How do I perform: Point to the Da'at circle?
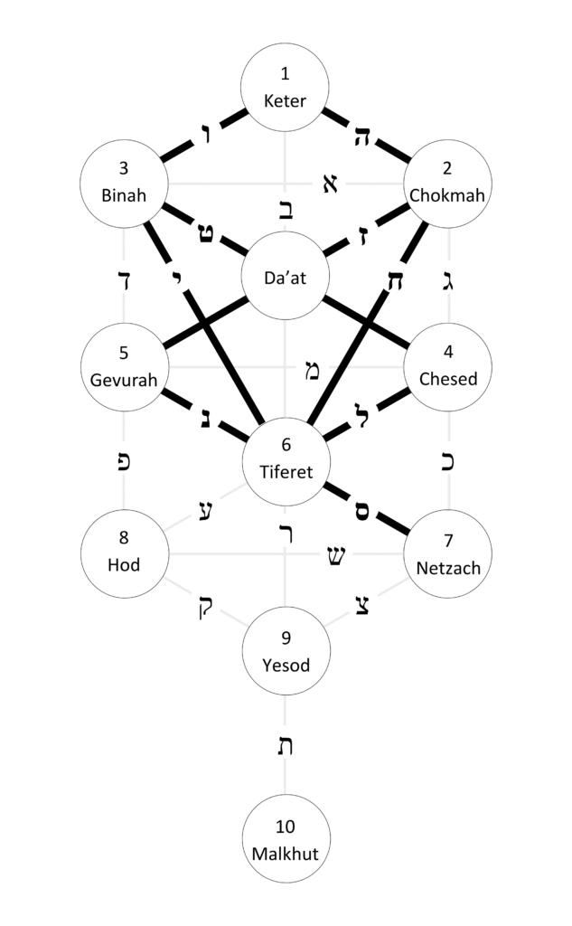(x=286, y=278)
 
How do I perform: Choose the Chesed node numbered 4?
(x=449, y=368)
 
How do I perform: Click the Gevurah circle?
(x=124, y=368)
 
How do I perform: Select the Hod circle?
(x=124, y=553)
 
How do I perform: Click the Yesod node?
(x=286, y=651)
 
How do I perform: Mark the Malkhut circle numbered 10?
(x=286, y=839)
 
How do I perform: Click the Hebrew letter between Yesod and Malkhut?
(x=286, y=747)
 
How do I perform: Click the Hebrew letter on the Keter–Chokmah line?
(x=364, y=137)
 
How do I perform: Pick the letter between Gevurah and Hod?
(x=124, y=460)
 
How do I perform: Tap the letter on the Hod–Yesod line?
(x=201, y=603)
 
